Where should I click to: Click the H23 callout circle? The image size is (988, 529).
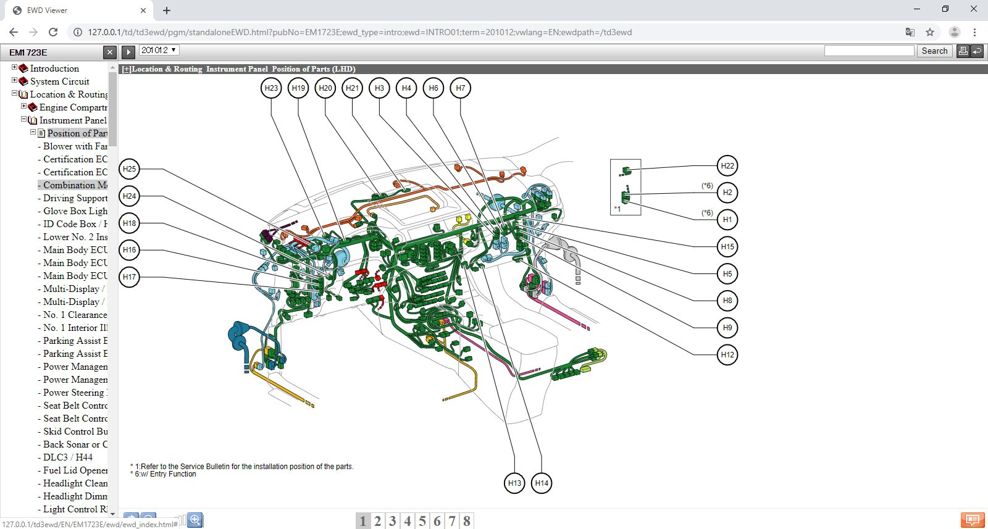point(271,88)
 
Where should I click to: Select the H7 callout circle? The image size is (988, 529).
point(461,88)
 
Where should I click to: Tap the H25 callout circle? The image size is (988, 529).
point(129,169)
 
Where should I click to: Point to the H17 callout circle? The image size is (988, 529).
point(129,277)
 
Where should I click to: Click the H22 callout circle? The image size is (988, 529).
point(727,166)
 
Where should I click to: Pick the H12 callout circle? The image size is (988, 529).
point(727,355)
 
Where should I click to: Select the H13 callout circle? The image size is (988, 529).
point(514,483)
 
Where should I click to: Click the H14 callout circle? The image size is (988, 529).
point(542,483)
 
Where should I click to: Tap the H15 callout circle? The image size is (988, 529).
point(727,247)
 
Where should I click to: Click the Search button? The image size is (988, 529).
point(934,51)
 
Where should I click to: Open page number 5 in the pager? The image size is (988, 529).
point(422,522)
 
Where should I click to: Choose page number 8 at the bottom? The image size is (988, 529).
point(467,522)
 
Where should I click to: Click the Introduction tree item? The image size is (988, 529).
point(54,69)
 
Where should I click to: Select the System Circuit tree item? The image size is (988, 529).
point(59,81)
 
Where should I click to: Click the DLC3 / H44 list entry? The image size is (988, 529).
point(68,457)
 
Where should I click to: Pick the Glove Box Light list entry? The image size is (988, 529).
point(75,211)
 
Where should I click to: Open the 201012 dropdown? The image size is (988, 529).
point(159,51)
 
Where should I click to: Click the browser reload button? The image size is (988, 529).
point(53,32)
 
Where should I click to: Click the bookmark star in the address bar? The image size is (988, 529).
point(930,32)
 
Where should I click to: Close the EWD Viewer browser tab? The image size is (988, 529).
point(143,10)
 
